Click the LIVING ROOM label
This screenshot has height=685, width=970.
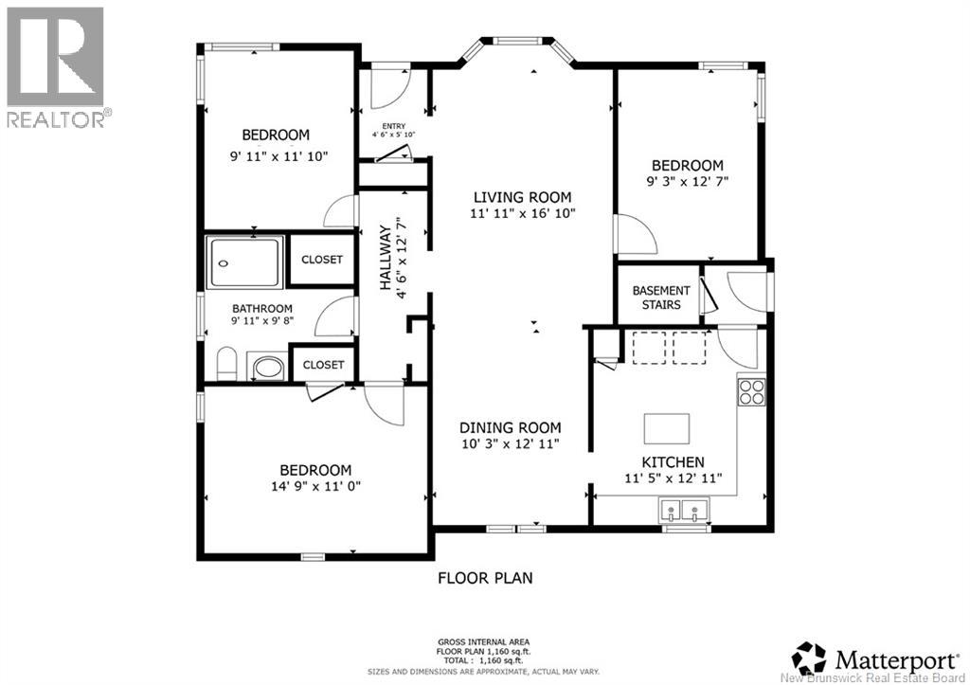pos(523,197)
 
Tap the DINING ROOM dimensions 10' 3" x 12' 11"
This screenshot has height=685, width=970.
pos(511,443)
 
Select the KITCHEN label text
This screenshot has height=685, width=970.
pos(674,462)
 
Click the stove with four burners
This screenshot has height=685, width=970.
pos(751,391)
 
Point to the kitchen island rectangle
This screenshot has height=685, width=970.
pos(667,429)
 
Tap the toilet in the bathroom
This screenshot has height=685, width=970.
pos(227,364)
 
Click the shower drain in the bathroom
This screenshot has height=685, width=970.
pos(224,263)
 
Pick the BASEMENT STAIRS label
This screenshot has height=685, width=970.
pos(661,297)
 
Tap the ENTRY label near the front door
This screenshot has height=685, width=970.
pos(393,126)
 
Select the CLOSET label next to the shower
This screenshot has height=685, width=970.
pos(322,260)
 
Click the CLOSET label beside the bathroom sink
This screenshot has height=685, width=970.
pos(323,365)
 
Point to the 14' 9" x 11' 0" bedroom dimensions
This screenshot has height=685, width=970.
pos(316,486)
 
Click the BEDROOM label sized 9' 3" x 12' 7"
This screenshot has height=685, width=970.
pos(688,166)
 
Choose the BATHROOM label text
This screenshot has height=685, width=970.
pos(262,309)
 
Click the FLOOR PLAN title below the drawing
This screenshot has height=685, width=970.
pos(486,578)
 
